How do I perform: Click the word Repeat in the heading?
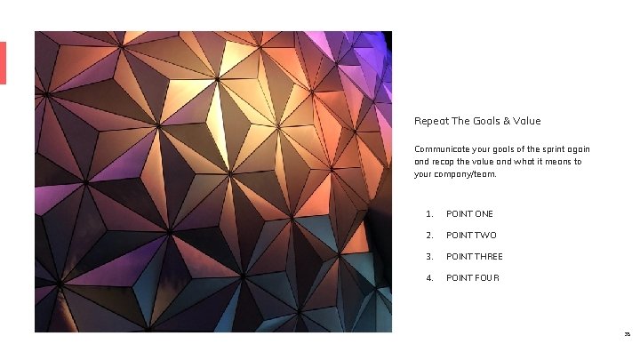[428, 121]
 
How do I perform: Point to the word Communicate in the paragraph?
[441, 149]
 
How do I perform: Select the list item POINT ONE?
[469, 214]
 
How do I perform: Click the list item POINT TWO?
[471, 236]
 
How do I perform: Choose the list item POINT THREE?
[475, 257]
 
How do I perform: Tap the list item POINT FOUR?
[473, 278]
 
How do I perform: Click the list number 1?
[428, 214]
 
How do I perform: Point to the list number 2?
[428, 236]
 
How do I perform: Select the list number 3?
[428, 257]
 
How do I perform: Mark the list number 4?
[428, 278]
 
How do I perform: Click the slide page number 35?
[627, 335]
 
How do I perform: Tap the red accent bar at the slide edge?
[3, 63]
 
